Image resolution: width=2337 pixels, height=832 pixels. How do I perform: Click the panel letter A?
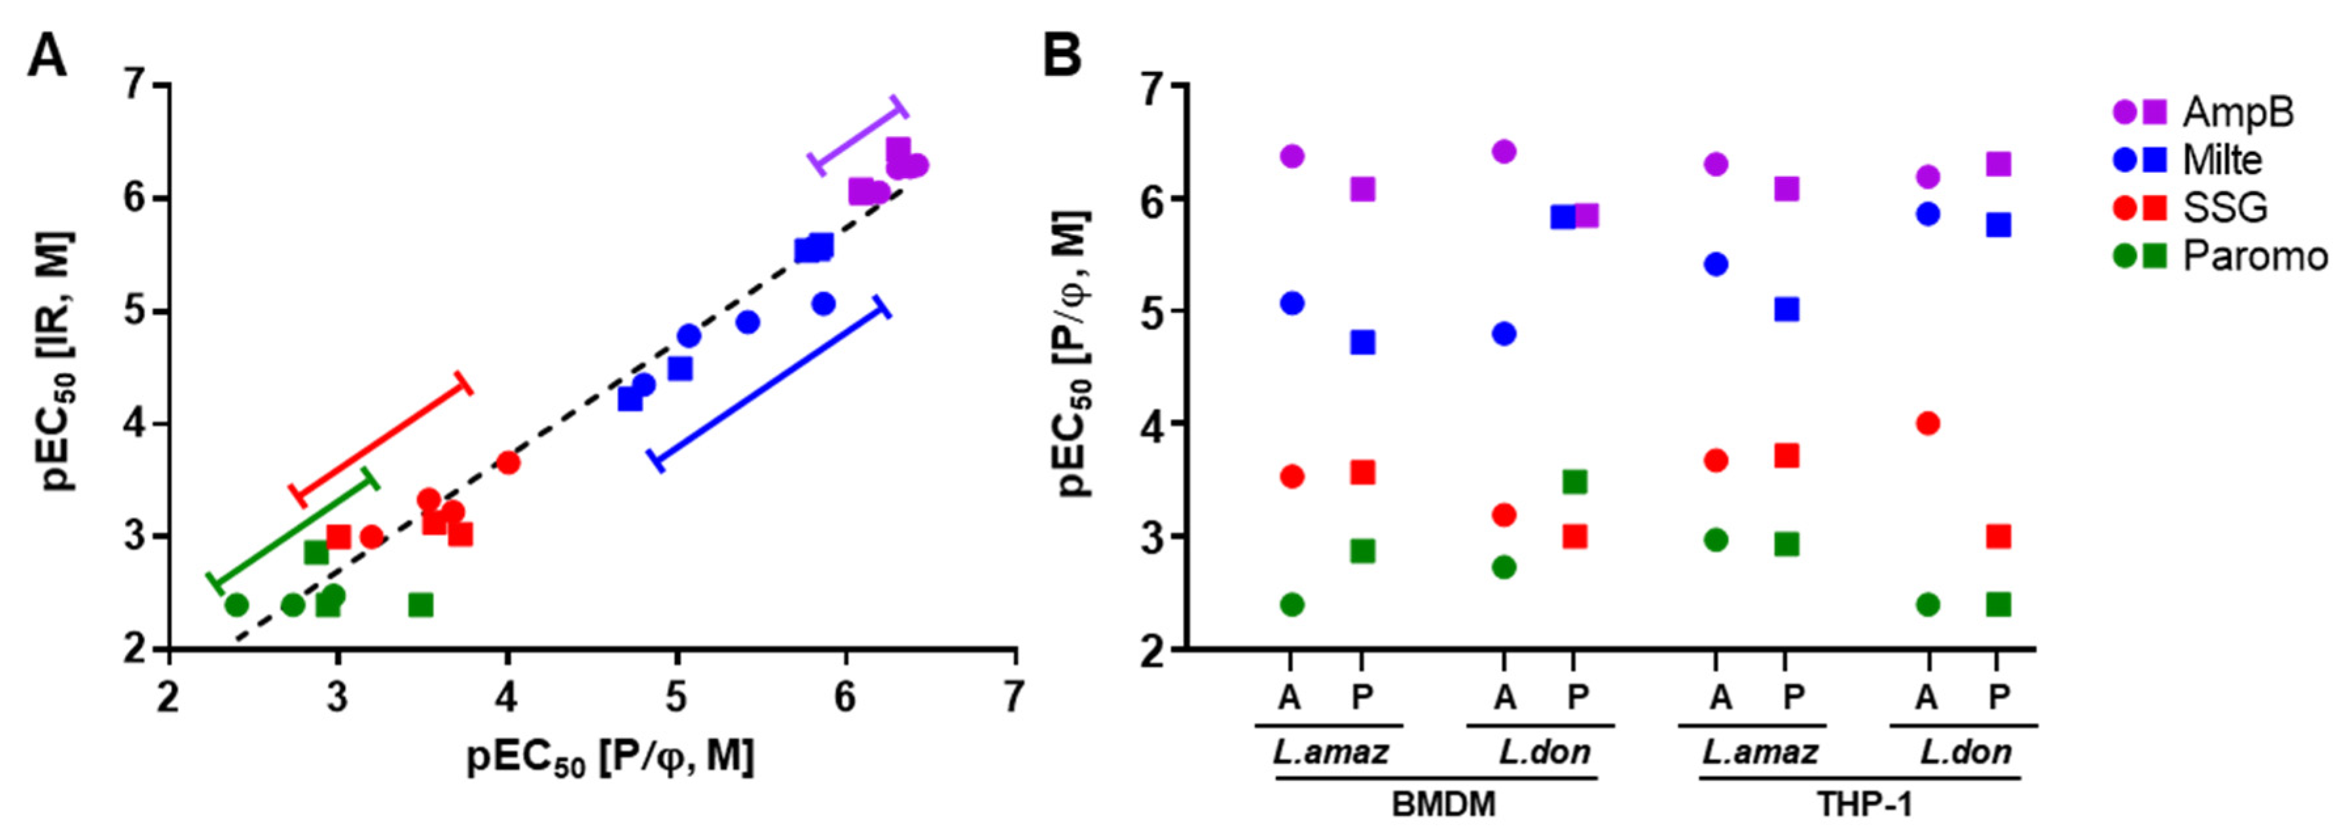(x=47, y=56)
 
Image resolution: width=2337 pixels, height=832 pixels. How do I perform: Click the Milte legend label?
(x=2222, y=160)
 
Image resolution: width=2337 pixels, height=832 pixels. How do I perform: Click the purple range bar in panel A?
(x=858, y=136)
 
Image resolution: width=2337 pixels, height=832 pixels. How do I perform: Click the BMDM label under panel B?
(x=1443, y=804)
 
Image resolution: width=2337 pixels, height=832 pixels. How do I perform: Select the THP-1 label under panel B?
(x=1864, y=804)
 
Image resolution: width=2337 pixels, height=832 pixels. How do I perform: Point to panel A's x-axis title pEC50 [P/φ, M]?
(x=609, y=757)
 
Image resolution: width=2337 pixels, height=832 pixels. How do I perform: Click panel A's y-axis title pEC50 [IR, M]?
(x=60, y=361)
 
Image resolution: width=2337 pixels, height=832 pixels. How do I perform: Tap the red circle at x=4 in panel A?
(x=508, y=463)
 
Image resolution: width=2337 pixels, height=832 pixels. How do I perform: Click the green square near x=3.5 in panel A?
(x=421, y=604)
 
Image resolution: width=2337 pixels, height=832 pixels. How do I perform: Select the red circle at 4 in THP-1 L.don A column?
(x=1928, y=423)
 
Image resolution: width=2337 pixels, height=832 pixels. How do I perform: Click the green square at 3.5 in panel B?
(x=1575, y=482)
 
